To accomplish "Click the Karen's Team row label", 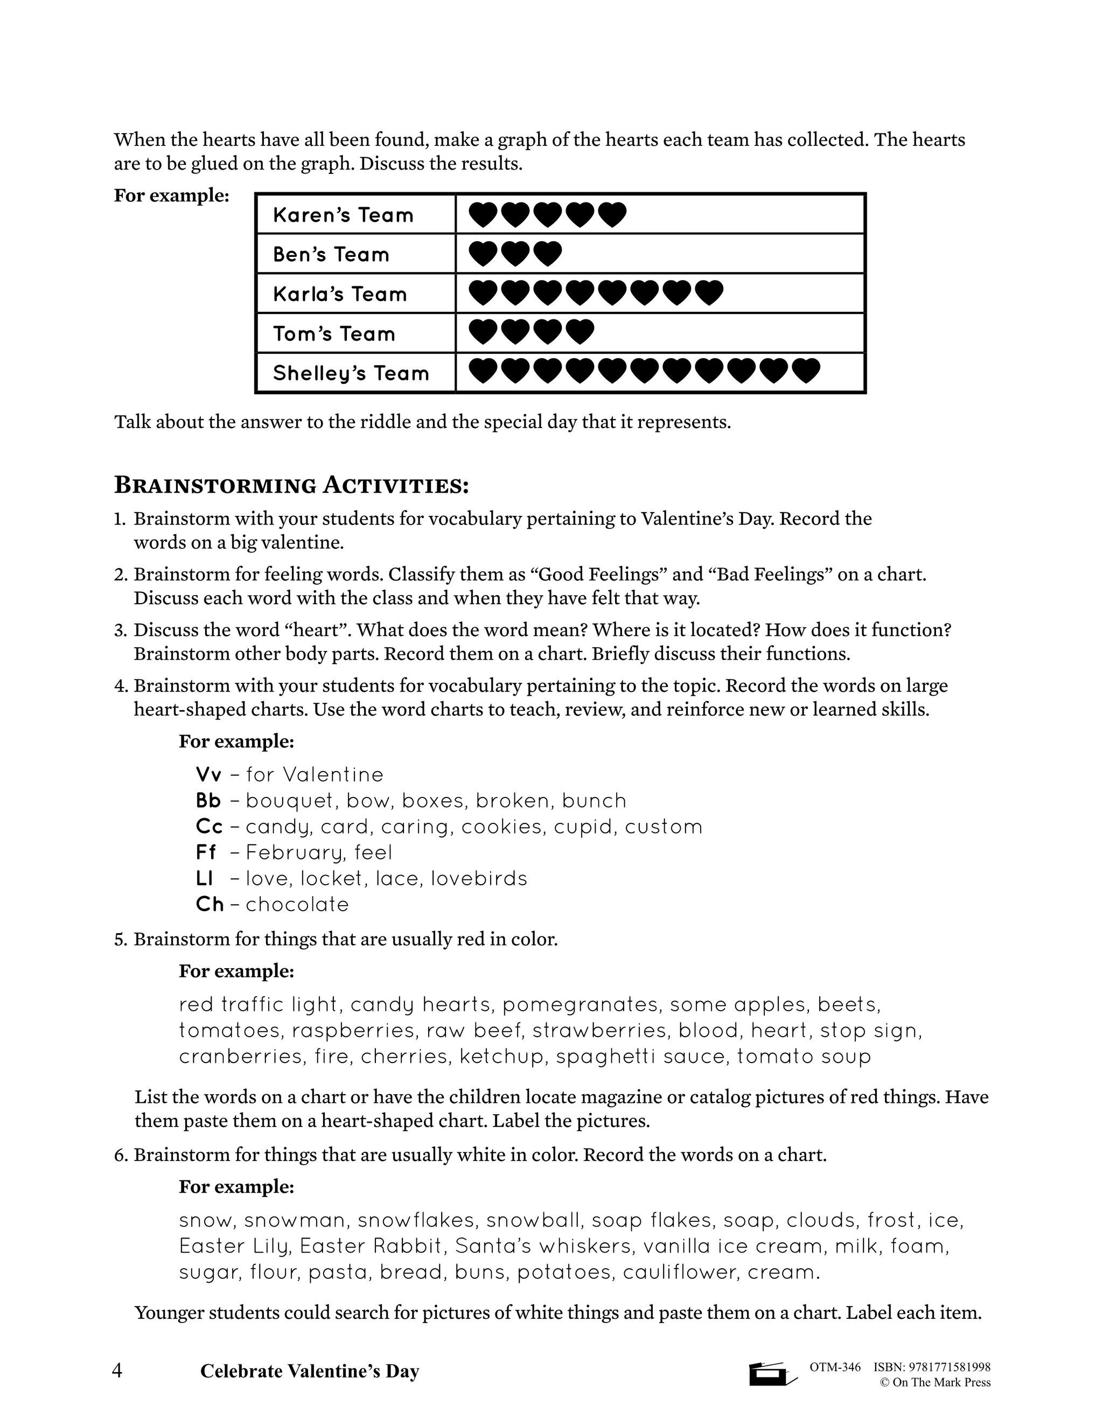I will pyautogui.click(x=343, y=215).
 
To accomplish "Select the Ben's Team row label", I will pyautogui.click(x=331, y=255).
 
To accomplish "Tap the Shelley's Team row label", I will pyautogui.click(x=351, y=374).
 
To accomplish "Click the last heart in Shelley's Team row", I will pyautogui.click(x=806, y=371).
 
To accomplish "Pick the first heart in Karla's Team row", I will pyautogui.click(x=484, y=293).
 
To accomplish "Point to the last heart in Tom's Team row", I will pyautogui.click(x=580, y=332).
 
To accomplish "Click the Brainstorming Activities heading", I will pyautogui.click(x=291, y=486).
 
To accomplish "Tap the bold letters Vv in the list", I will pyautogui.click(x=208, y=775).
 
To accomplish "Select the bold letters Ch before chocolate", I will pyautogui.click(x=209, y=905).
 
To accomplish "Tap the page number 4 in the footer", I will pyautogui.click(x=117, y=1371).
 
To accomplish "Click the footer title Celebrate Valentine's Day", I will pyautogui.click(x=309, y=1372).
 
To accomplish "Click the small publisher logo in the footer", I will pyautogui.click(x=771, y=1374).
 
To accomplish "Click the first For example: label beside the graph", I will pyautogui.click(x=171, y=195).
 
